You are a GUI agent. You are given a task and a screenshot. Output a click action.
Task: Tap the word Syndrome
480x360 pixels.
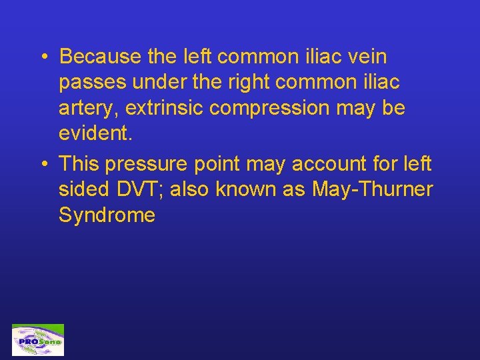point(107,215)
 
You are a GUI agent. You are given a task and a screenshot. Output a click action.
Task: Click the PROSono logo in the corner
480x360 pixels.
point(38,340)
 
